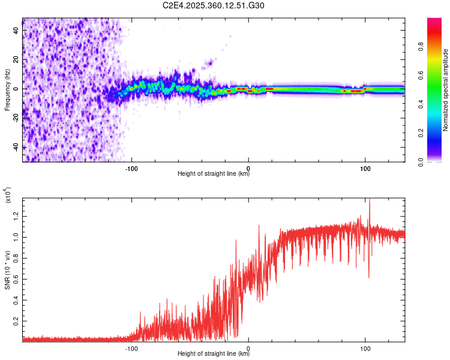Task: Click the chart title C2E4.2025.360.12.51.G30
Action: [214, 5]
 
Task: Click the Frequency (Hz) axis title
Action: [7, 90]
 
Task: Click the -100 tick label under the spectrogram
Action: [131, 167]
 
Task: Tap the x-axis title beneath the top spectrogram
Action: [214, 175]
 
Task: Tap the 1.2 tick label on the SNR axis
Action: [17, 215]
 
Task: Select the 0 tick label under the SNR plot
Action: [248, 347]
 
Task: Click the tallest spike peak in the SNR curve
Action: [370, 199]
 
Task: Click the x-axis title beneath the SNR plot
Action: [214, 354]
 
